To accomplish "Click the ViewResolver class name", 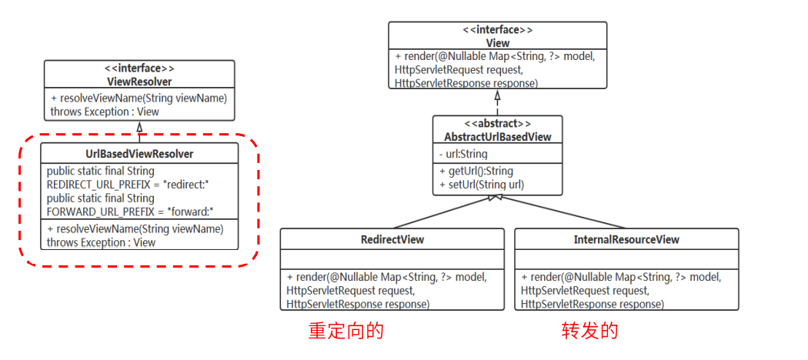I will point(139,82).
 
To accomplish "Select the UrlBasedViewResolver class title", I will point(139,154).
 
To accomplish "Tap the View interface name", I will point(497,43).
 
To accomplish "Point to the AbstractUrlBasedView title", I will point(498,137).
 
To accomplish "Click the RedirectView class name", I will point(392,239).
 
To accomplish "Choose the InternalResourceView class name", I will point(626,239).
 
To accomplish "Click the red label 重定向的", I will point(346,331).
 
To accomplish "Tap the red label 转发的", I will point(589,331).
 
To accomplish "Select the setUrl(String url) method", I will point(481,185).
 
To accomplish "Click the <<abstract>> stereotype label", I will point(498,124).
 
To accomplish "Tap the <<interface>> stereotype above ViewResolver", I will point(139,68).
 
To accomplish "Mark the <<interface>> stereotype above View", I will point(497,30).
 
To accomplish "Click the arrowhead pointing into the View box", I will point(497,96).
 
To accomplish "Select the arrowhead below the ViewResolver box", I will point(139,127).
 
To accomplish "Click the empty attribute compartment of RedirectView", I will point(392,258).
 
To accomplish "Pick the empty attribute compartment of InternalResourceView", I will point(626,258).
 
